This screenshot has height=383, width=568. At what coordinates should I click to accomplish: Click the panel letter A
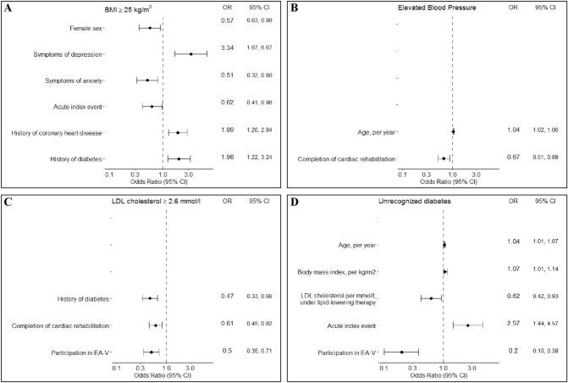[8, 7]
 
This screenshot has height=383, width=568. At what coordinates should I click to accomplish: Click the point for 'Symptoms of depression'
[191, 54]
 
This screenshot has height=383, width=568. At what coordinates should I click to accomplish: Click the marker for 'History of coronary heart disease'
[178, 133]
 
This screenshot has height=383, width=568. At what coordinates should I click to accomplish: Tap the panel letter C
[8, 202]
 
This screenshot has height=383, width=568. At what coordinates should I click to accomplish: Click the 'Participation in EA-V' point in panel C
[151, 351]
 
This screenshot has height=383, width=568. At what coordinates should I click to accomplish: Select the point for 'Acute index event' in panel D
[467, 325]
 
